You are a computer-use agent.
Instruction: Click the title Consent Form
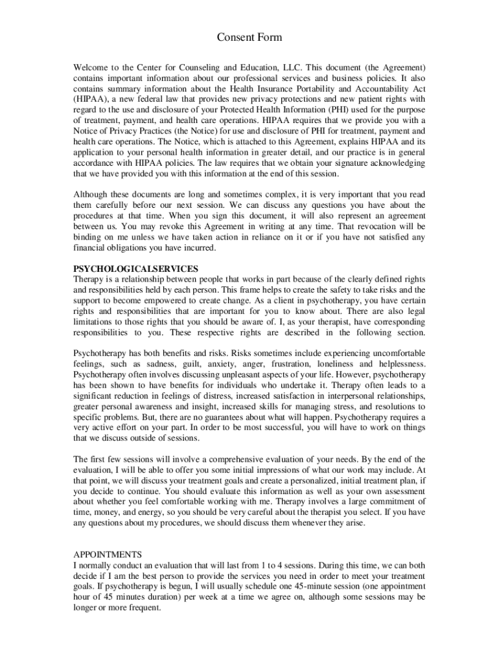(250, 38)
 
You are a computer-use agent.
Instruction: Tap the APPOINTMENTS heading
(107, 555)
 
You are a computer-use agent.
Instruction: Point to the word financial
(90, 248)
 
